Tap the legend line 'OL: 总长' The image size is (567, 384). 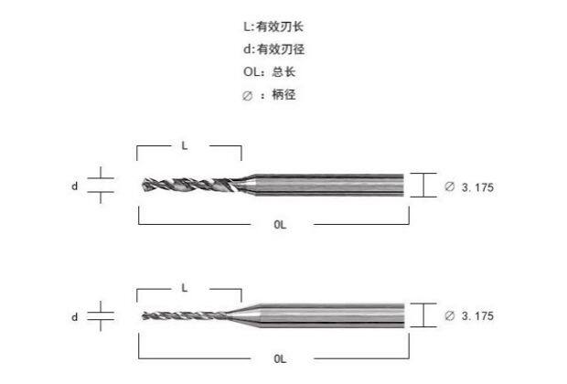(264, 71)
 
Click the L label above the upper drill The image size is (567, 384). (185, 145)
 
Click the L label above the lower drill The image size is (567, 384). (185, 287)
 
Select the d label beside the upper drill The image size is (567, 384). (74, 186)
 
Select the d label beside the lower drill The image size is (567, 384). (74, 316)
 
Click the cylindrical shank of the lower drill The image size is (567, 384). (338, 315)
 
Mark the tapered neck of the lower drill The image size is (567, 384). (251, 315)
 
